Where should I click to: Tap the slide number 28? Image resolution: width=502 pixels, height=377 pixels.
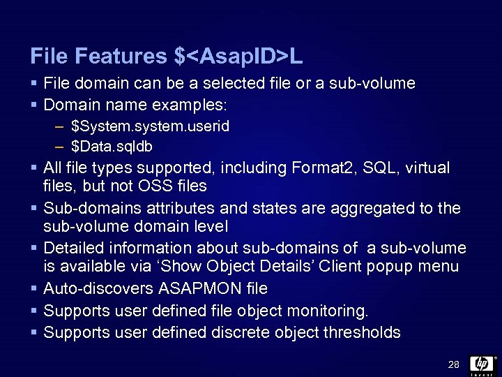(x=454, y=364)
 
